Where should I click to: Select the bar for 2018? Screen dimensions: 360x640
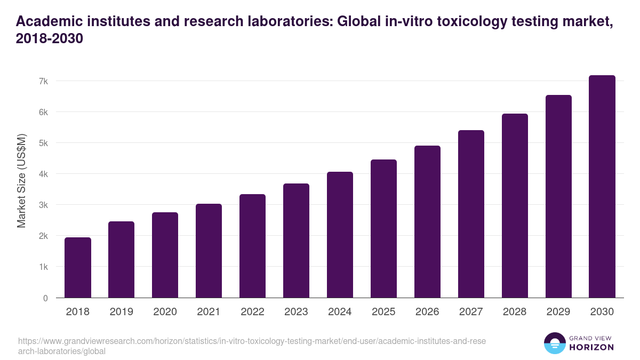[x=78, y=267]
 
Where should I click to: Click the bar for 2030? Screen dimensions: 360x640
[x=602, y=187]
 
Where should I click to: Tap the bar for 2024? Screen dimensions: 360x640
[x=340, y=235]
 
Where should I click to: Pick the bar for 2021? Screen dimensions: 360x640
[x=209, y=251]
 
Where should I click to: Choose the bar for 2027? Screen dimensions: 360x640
[x=471, y=214]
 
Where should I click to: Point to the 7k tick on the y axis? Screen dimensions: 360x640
[x=43, y=81]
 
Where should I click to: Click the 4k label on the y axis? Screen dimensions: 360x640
[x=43, y=174]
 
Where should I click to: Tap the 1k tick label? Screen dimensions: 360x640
[x=43, y=267]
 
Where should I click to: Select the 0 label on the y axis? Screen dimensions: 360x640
[x=46, y=298]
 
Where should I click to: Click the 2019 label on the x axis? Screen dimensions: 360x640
[x=122, y=312]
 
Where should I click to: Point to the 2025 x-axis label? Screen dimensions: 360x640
[x=383, y=312]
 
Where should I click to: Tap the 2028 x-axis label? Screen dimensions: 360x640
[x=515, y=312]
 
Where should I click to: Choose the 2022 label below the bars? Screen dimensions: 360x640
[x=252, y=312]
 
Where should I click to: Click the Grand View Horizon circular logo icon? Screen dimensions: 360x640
[x=555, y=343]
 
